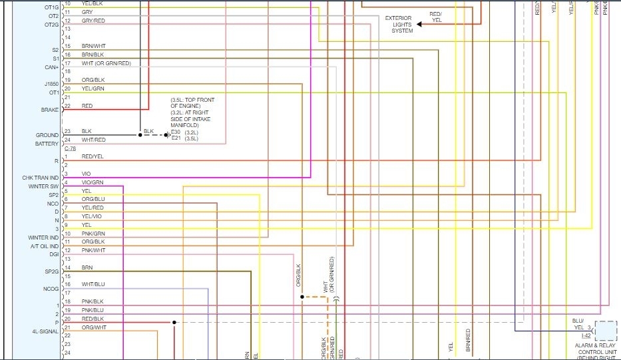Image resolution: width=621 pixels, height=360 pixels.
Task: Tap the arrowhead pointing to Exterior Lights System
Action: [x=420, y=24]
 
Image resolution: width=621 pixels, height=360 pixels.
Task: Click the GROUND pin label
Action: [x=47, y=135]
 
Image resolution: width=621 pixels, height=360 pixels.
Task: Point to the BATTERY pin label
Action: [x=47, y=144]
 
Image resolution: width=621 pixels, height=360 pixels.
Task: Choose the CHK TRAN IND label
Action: [x=41, y=178]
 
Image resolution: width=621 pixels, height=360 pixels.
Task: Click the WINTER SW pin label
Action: [x=44, y=186]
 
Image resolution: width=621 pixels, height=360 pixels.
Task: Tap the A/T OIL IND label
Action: [x=44, y=246]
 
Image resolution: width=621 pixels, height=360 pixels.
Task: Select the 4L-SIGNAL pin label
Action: [x=45, y=331]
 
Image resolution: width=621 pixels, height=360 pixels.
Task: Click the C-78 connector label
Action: [x=70, y=148]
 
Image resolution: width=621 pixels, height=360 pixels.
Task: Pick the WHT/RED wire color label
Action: [x=93, y=140]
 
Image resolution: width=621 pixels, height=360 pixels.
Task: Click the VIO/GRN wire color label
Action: [x=93, y=182]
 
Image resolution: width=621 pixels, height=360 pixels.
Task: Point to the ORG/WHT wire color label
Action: [x=94, y=327]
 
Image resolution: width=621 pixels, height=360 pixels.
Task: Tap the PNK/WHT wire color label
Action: [x=93, y=250]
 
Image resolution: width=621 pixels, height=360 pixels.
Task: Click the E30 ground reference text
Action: [x=176, y=132]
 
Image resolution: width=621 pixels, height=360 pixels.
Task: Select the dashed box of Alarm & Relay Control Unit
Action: [x=606, y=331]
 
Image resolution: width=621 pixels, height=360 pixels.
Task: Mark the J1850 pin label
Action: [x=51, y=84]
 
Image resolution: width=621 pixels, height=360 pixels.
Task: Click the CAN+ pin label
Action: [x=51, y=67]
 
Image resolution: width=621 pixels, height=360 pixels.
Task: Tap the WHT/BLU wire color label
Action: [x=93, y=284]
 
